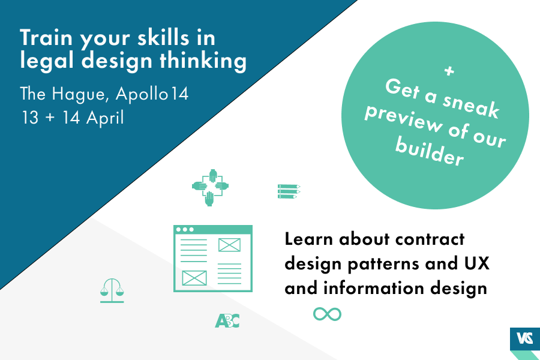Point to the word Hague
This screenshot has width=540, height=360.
pos(76,95)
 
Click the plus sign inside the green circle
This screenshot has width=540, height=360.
pos(448,71)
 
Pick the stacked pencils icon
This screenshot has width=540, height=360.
pos(289,191)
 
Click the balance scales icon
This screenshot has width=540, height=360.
pos(112,290)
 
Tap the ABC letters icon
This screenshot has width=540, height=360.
pos(227,321)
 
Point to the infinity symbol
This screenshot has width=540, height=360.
pos(327,314)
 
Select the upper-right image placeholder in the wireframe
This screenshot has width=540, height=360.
pos(229,245)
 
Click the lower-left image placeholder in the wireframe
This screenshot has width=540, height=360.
pos(194,278)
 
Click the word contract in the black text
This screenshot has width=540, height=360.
pos(431,239)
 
